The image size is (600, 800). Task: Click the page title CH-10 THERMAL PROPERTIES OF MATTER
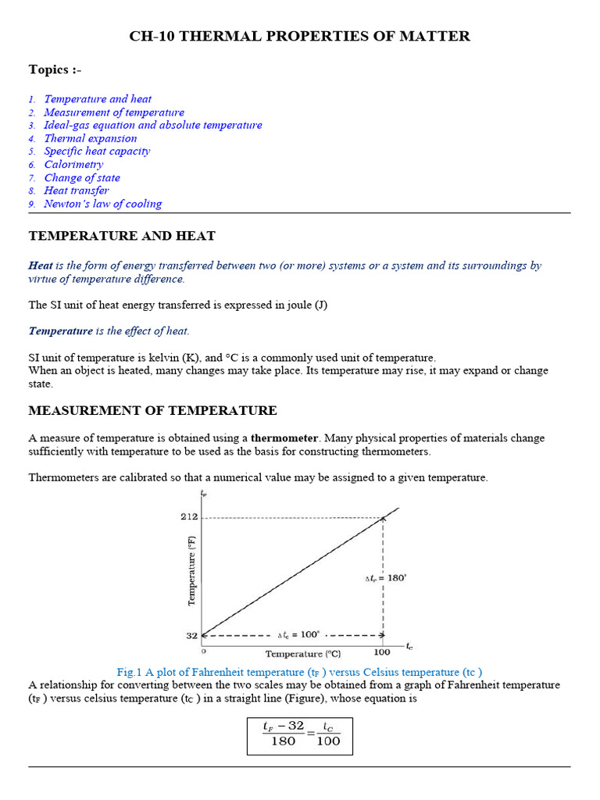coord(299,37)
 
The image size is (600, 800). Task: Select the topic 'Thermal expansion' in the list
coord(90,138)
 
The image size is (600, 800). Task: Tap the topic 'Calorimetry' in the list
coord(73,165)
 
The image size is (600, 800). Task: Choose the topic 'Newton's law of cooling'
coord(102,204)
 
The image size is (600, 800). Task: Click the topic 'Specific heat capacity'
coord(97,152)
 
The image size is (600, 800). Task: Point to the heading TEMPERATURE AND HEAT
coord(122,236)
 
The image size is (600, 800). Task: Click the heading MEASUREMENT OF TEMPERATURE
coord(152,410)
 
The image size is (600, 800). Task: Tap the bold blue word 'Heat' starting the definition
coord(41,266)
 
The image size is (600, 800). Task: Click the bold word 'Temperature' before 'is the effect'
coord(61,331)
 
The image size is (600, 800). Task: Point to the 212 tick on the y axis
coord(190,517)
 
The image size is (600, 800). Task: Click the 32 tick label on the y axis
coord(191,636)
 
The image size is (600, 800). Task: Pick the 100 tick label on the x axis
coord(382,652)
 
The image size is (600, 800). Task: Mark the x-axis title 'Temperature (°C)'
coord(304,654)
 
